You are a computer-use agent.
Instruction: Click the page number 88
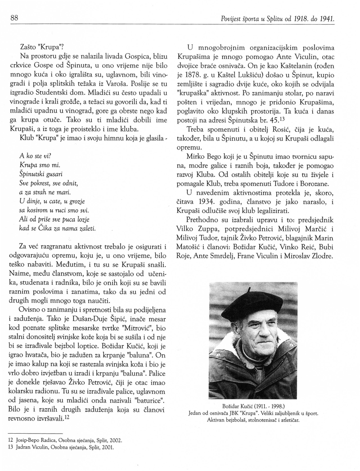(x=13, y=18)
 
